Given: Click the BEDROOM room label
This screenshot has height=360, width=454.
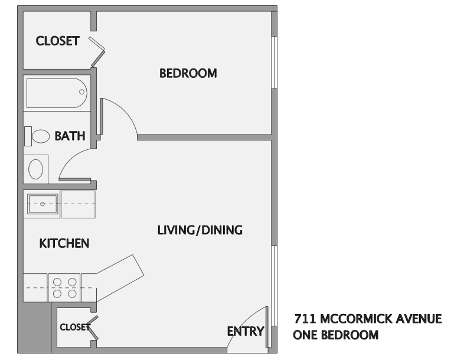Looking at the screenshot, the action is (188, 73).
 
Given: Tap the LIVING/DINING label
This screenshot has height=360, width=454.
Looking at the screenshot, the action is (200, 230).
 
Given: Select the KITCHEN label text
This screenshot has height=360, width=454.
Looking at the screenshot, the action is (64, 243).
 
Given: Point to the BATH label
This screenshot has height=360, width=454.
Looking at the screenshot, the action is (70, 136).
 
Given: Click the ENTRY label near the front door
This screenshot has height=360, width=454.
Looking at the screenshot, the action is (246, 331).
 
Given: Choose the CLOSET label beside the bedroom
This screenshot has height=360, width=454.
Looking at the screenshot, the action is (58, 41).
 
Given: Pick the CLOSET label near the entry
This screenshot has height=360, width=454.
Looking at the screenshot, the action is (75, 327).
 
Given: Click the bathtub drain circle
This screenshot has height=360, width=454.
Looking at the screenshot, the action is (81, 91).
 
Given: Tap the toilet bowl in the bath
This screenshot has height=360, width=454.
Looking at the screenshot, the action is (41, 136).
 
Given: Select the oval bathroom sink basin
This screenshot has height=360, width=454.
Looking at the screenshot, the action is (35, 169).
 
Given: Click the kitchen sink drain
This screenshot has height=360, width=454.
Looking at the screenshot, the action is (43, 204).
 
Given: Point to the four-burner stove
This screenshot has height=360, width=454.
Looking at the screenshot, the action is (64, 287).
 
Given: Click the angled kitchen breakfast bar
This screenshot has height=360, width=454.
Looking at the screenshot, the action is (120, 279).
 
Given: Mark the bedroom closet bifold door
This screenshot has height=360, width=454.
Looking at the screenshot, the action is (97, 51).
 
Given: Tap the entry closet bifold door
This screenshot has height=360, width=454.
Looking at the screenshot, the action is (93, 328).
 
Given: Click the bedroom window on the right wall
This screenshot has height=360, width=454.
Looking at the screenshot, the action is (274, 62).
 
